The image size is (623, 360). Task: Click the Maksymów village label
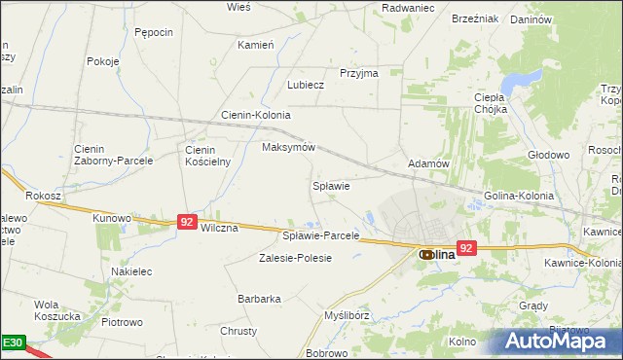click(x=289, y=148)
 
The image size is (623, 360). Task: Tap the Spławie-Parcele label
click(x=321, y=235)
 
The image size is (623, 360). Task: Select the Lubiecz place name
click(x=305, y=85)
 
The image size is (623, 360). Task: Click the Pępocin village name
click(x=154, y=32)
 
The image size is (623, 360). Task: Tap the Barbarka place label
click(x=259, y=299)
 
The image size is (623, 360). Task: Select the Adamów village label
click(x=428, y=163)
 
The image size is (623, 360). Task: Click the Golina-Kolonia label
click(x=519, y=196)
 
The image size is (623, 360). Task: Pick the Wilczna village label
click(x=219, y=228)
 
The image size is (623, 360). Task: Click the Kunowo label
click(x=111, y=218)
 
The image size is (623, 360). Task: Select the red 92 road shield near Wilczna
click(x=188, y=222)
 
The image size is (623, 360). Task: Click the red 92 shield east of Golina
click(x=466, y=248)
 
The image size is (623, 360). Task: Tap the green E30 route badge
click(x=12, y=343)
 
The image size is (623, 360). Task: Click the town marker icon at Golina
click(x=426, y=254)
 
